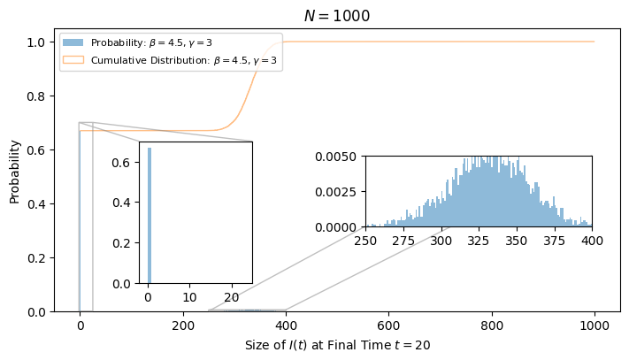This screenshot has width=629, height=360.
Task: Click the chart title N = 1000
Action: (x=337, y=16)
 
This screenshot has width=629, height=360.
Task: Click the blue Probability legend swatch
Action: (x=73, y=42)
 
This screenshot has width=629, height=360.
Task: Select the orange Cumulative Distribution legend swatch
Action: (x=73, y=60)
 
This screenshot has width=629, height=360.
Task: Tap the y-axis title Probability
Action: (x=14, y=172)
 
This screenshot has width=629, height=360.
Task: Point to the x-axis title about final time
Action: (x=337, y=345)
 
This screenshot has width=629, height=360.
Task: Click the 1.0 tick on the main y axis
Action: (x=35, y=42)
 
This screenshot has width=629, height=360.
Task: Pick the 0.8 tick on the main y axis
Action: (x=35, y=96)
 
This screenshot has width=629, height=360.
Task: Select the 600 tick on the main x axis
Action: (x=388, y=326)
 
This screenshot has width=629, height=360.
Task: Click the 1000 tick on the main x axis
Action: (x=594, y=326)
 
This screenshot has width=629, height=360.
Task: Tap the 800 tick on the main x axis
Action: (x=492, y=326)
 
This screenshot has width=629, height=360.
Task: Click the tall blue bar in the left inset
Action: (x=150, y=215)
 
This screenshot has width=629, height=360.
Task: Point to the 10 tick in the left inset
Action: (x=189, y=297)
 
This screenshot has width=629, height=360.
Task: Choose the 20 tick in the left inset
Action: (x=232, y=297)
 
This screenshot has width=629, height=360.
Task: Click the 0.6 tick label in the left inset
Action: (x=121, y=163)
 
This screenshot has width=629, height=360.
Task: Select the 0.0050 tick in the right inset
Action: (x=336, y=157)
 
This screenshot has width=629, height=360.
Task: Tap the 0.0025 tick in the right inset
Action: (x=336, y=192)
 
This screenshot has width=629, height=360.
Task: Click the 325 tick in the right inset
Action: (x=479, y=241)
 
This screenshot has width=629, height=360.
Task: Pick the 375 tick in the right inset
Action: (x=554, y=241)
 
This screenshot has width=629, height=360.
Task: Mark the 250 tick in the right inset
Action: (x=366, y=241)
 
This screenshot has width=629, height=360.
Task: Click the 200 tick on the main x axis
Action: (x=183, y=326)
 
